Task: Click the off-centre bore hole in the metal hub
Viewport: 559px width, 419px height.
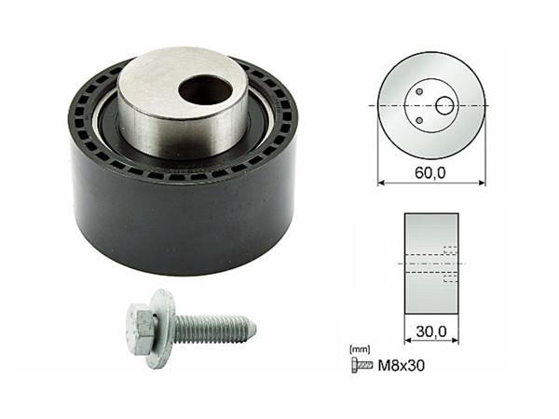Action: click(205, 90)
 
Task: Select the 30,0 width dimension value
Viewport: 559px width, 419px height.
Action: click(430, 330)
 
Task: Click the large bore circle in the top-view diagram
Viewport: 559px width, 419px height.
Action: click(444, 105)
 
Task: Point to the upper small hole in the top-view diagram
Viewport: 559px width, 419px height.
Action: click(420, 91)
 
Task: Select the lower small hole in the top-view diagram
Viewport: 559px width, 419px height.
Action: click(420, 120)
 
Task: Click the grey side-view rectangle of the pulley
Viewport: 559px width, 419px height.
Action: click(430, 263)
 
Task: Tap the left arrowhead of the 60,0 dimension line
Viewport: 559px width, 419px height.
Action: click(381, 182)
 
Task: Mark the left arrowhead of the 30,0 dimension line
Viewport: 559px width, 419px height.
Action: click(407, 342)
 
